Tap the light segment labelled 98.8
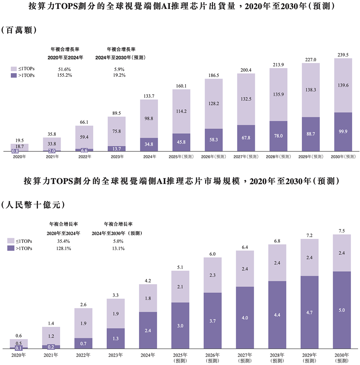149,119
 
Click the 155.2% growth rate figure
65,75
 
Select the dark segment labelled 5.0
342,310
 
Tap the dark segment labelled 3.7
212,321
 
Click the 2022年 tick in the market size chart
84,355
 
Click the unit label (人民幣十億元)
33,205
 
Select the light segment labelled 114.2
181,111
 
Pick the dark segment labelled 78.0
278,136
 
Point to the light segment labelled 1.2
51,336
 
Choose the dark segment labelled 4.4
277,315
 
